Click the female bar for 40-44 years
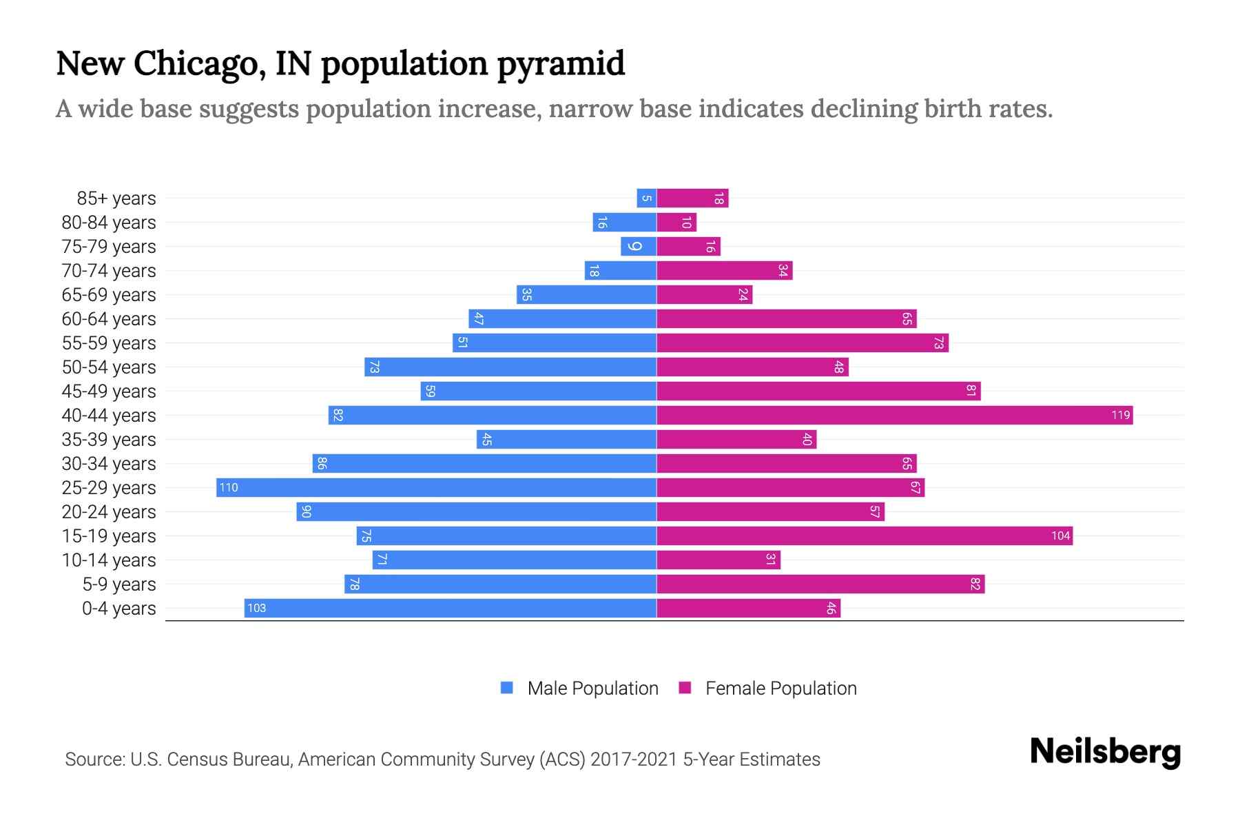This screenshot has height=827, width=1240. click(x=894, y=415)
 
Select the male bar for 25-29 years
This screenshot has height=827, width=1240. click(x=436, y=487)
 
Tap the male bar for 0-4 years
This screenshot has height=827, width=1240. click(x=450, y=608)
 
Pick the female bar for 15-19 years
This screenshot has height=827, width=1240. click(x=865, y=535)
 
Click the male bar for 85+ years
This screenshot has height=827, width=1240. click(x=646, y=198)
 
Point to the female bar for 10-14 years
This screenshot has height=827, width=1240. click(x=719, y=560)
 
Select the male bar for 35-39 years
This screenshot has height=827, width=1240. click(x=566, y=439)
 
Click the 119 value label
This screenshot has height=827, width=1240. click(x=1120, y=415)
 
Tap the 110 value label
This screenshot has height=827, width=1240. click(x=229, y=488)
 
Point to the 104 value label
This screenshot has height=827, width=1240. click(x=1060, y=536)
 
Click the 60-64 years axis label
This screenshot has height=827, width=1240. click(x=109, y=319)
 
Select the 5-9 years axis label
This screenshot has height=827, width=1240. click(x=119, y=584)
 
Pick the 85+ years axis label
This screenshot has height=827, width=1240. click(x=116, y=198)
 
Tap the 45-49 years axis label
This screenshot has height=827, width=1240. click(x=109, y=391)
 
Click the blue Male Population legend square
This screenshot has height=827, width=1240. click(x=507, y=688)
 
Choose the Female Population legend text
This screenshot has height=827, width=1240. click(x=781, y=688)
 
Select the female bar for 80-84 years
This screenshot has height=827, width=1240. click(x=676, y=223)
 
